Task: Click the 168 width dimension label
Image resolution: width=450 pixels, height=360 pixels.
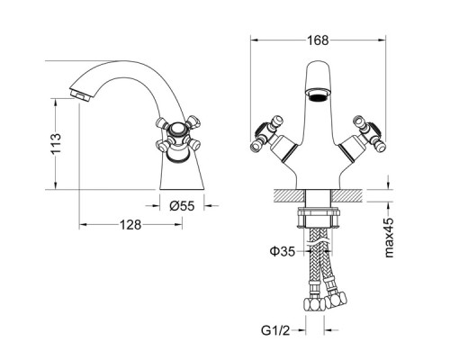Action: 318,40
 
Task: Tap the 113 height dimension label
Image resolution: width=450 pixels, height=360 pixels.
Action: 56,144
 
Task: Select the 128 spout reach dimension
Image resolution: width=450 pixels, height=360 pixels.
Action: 130,224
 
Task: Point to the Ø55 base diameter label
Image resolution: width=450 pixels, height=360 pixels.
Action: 182,206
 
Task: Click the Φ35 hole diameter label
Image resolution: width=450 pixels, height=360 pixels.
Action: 283,251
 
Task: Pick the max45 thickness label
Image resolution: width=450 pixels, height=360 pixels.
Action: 389,238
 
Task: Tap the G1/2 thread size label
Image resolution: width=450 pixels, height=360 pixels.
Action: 275,330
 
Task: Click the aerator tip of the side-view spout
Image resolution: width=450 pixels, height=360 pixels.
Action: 80,94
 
